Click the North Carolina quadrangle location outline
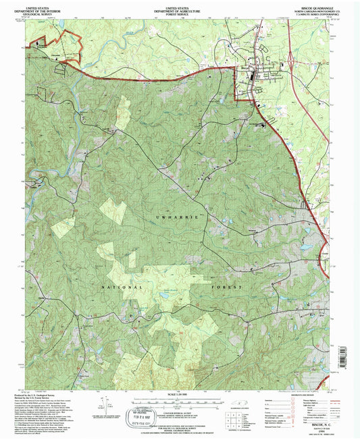(240, 409)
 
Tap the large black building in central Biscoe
(254, 76)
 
